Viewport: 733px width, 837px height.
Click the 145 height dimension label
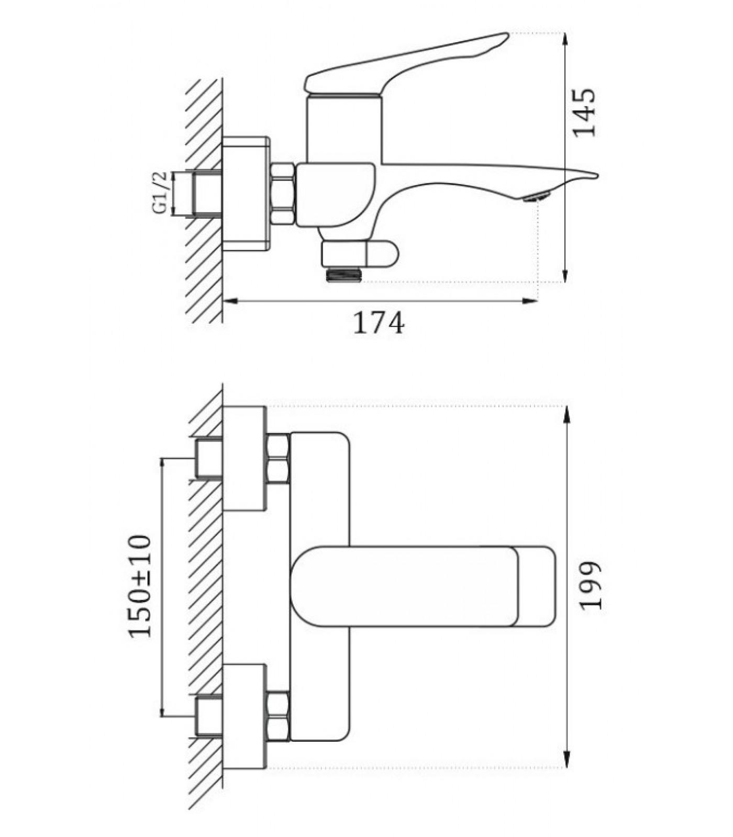click(x=584, y=113)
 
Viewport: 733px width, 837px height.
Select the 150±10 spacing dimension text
click(x=140, y=586)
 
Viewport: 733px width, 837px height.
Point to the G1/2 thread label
click(x=160, y=193)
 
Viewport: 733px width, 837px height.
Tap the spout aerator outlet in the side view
click(x=536, y=197)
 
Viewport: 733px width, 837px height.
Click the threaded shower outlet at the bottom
click(x=343, y=274)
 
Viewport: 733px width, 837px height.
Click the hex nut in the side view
click(x=282, y=194)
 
